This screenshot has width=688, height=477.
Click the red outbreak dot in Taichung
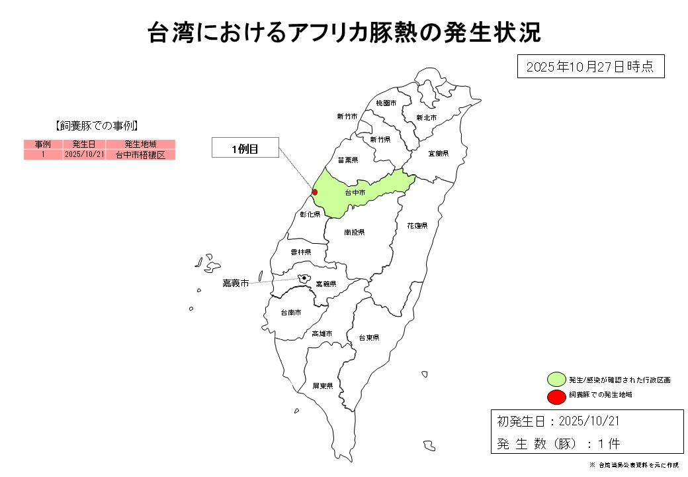tap(315, 192)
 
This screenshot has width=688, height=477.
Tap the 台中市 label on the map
tap(355, 193)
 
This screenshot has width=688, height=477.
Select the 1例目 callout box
tap(245, 149)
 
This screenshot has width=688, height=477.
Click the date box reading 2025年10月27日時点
tap(590, 67)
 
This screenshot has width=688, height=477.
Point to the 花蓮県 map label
tap(417, 226)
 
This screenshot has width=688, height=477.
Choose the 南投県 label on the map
tap(355, 233)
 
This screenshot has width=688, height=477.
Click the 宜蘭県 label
tap(438, 154)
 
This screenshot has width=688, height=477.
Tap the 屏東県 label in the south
tap(322, 386)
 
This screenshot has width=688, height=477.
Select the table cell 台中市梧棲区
tap(140, 154)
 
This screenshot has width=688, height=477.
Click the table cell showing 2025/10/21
tap(84, 154)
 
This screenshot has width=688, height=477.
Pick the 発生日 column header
tap(84, 144)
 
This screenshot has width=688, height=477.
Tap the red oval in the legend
tap(556, 396)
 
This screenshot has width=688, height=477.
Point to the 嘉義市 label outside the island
tap(236, 283)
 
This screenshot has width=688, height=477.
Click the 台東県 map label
tap(368, 338)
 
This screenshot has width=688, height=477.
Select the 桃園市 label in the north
tap(386, 103)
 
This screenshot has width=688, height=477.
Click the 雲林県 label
tap(300, 252)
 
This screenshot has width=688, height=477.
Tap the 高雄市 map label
tap(322, 334)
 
